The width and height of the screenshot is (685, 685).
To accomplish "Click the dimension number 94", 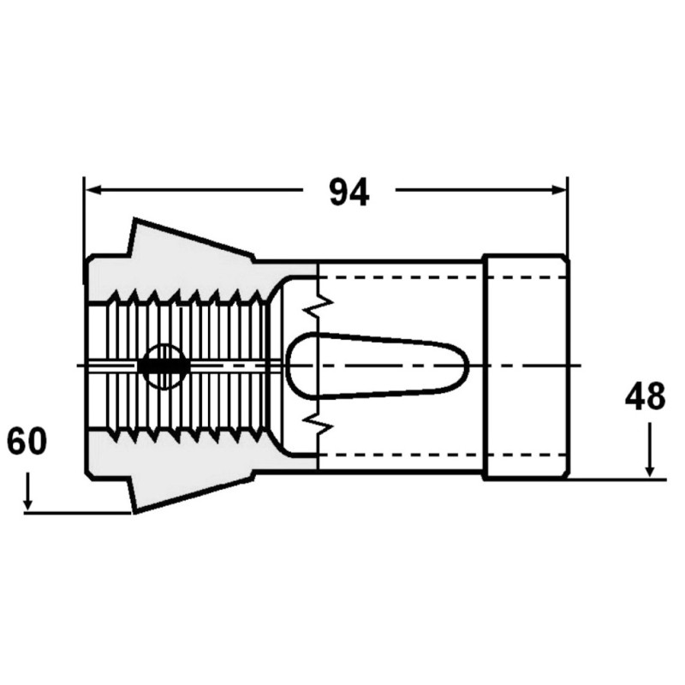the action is coord(349,193).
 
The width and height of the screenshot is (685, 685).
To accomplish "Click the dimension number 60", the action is coord(27,441).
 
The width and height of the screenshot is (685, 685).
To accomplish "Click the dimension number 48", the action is coord(645,396).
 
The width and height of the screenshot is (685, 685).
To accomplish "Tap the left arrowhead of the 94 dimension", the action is coord(93,189).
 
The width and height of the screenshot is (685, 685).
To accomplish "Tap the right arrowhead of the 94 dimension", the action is coord(558,189).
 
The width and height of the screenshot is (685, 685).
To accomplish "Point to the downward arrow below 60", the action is coord(28,491).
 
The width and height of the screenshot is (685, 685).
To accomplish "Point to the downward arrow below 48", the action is coord(650,450).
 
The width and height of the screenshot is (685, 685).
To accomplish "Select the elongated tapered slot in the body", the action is coord(377,366).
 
